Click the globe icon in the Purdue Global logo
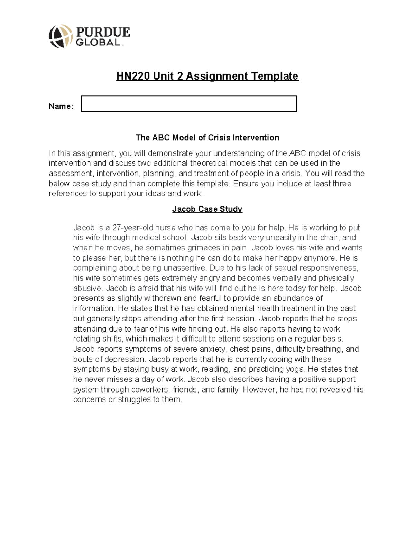coord(61,36)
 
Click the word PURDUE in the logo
coord(103,32)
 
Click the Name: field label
coord(61,106)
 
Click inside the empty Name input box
coord(188,104)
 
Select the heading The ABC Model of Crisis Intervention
coord(207,138)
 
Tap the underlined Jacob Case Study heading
coord(207,209)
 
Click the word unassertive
coord(179,268)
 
